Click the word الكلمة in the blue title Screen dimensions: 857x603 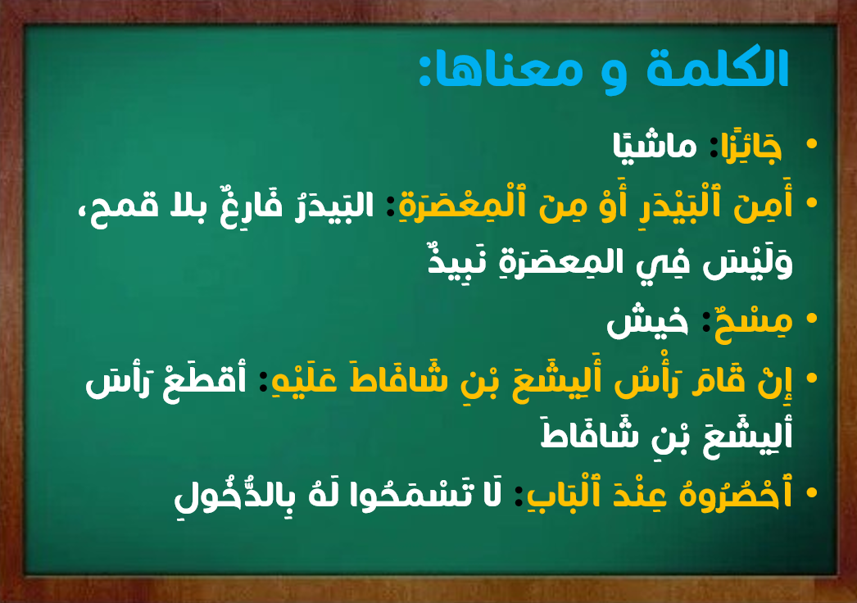pyautogui.click(x=718, y=68)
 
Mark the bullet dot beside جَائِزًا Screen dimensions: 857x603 pyautogui.click(x=812, y=144)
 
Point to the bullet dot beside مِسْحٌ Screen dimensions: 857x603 pyautogui.click(x=812, y=319)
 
